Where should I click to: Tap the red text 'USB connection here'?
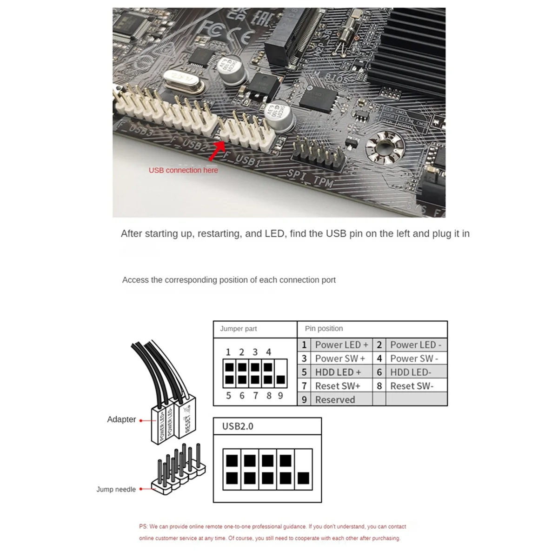click(183, 170)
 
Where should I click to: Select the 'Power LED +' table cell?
click(341, 345)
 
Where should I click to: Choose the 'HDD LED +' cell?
click(338, 372)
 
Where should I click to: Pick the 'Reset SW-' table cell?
click(412, 386)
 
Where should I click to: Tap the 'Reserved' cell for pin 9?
click(335, 399)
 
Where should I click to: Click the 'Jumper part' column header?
click(238, 329)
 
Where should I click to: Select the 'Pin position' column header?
click(324, 329)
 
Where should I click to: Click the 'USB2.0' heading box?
click(238, 426)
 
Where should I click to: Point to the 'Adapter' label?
click(121, 419)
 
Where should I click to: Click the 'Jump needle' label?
click(116, 489)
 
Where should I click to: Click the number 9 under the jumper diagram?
click(280, 396)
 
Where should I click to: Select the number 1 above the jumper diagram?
click(228, 352)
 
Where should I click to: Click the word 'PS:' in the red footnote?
click(144, 526)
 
